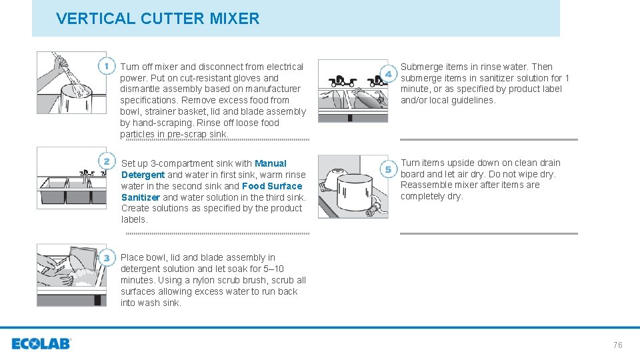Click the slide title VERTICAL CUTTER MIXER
click(158, 19)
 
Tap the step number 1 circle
click(107, 66)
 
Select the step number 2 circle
click(107, 161)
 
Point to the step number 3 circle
click(107, 258)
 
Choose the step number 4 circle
click(387, 73)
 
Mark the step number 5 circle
click(387, 169)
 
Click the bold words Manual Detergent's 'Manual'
click(271, 163)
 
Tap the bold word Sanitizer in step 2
click(141, 197)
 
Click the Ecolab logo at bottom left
click(41, 344)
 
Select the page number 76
click(617, 345)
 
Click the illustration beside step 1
click(71, 83)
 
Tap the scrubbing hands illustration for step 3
click(71, 275)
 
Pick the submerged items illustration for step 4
click(353, 91)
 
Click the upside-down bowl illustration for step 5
click(353, 187)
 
